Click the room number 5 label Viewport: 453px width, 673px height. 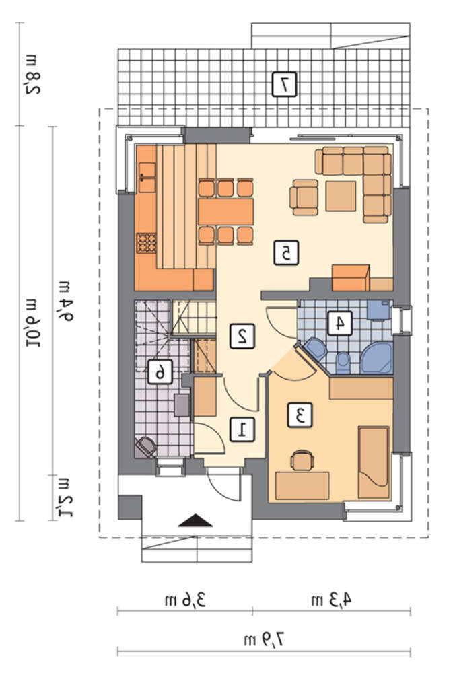coord(286,253)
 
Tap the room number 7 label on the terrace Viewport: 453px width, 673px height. coord(284,83)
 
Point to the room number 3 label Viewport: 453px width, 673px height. coord(300,415)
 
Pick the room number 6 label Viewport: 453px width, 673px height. coord(160,371)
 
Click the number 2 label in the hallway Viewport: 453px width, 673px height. coord(242,336)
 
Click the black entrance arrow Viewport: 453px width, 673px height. coord(195,520)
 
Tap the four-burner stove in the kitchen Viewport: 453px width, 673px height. coord(146,242)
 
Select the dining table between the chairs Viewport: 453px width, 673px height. coord(225,213)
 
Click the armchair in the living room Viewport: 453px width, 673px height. coord(304,197)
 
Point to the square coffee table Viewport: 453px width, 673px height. coord(341,196)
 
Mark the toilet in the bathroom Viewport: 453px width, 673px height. coord(343,362)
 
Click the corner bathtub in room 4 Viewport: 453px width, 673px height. coord(378,358)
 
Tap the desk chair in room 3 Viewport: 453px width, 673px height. coord(302,460)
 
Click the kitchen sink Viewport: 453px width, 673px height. coord(147,177)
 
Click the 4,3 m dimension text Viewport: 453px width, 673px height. coord(331,600)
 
